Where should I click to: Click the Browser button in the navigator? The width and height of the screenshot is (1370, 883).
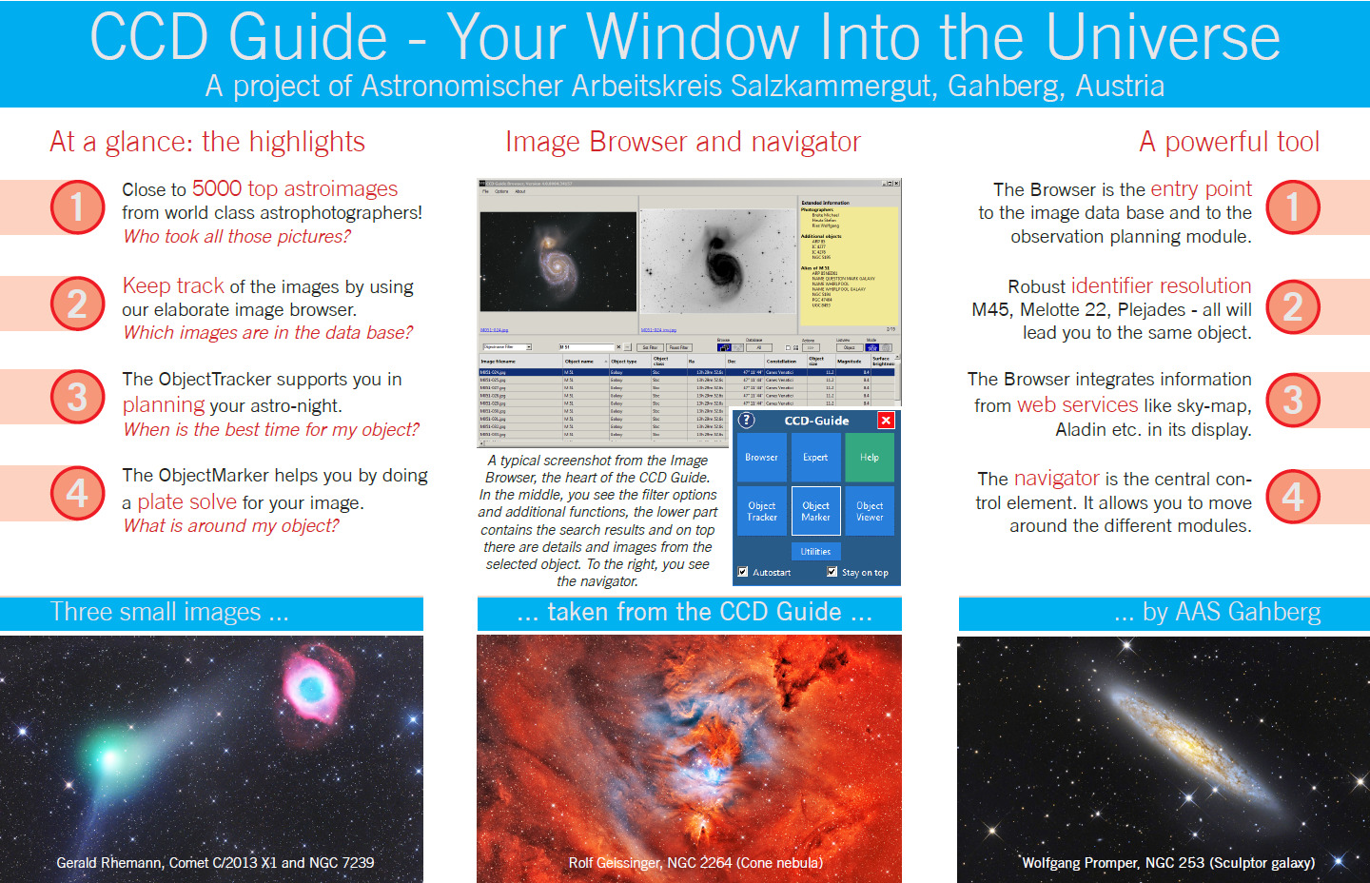pyautogui.click(x=761, y=458)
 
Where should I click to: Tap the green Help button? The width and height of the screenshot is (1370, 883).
pyautogui.click(x=870, y=458)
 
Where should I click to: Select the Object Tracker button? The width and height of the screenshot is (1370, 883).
pyautogui.click(x=761, y=511)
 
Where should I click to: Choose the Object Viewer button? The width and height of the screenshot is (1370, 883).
pyautogui.click(x=870, y=511)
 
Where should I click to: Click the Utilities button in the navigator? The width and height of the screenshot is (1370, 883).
pyautogui.click(x=815, y=551)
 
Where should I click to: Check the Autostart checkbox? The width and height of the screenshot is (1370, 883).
pyautogui.click(x=743, y=572)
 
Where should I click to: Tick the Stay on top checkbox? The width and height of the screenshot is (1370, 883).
pyautogui.click(x=832, y=572)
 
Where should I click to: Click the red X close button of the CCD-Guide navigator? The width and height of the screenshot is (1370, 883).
pyautogui.click(x=886, y=421)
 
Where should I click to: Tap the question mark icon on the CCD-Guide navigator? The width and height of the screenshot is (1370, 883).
pyautogui.click(x=747, y=421)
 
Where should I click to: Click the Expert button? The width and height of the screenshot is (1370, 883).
pyautogui.click(x=815, y=458)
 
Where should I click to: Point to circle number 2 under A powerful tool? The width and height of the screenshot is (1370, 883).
pyautogui.click(x=1292, y=306)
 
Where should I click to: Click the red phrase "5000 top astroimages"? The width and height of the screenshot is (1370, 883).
pyautogui.click(x=295, y=188)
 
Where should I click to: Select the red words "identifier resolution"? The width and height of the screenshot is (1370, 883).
pyautogui.click(x=1161, y=285)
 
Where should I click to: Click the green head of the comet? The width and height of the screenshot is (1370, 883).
pyautogui.click(x=108, y=756)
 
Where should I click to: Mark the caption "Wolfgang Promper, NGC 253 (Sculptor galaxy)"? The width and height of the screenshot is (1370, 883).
pyautogui.click(x=1167, y=863)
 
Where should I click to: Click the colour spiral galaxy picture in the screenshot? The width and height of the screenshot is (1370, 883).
pyautogui.click(x=558, y=261)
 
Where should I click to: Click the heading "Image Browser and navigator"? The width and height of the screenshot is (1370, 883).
pyautogui.click(x=682, y=142)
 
